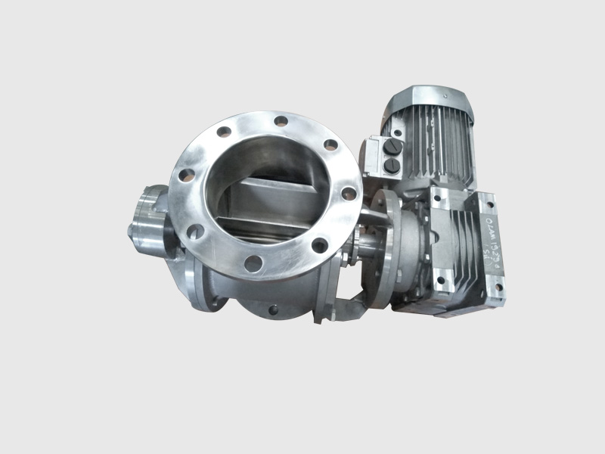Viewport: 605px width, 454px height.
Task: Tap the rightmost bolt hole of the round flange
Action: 348,194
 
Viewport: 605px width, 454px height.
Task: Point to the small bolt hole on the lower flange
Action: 271,309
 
